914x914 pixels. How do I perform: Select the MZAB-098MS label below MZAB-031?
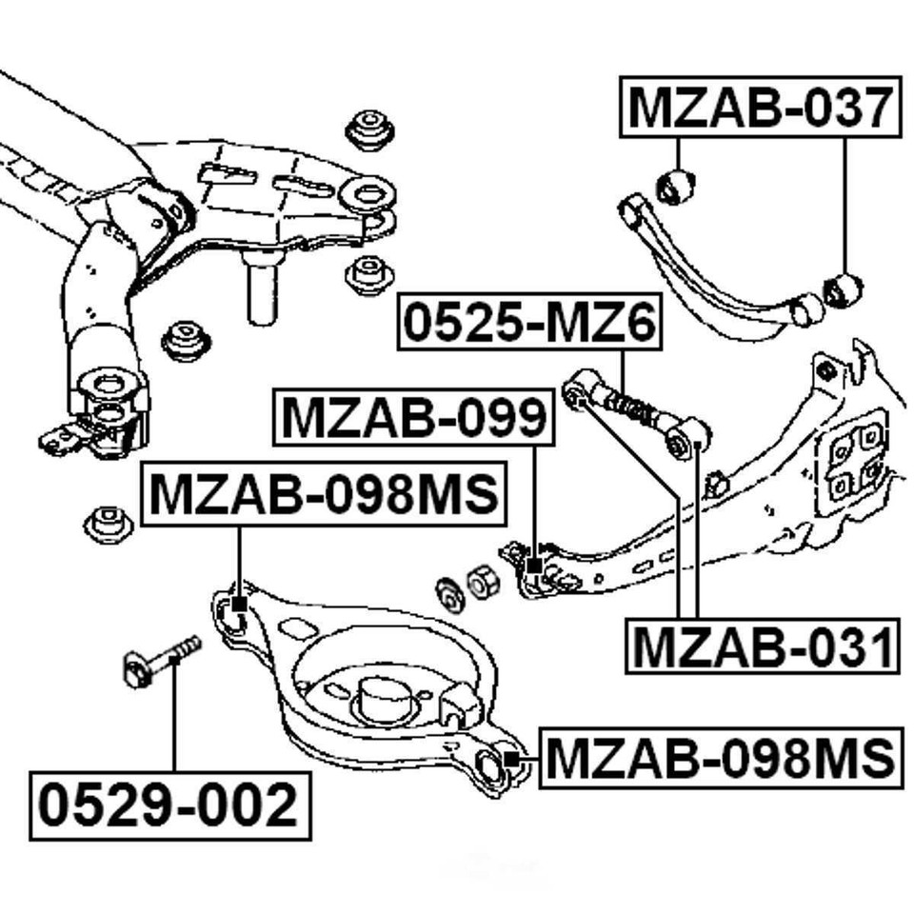coord(720,758)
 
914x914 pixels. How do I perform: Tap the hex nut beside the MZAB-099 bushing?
coord(480,581)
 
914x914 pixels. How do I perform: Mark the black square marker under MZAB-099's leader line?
coord(534,566)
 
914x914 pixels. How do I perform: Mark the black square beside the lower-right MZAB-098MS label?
coord(511,759)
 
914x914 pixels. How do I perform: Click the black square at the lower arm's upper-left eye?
coord(238,604)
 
